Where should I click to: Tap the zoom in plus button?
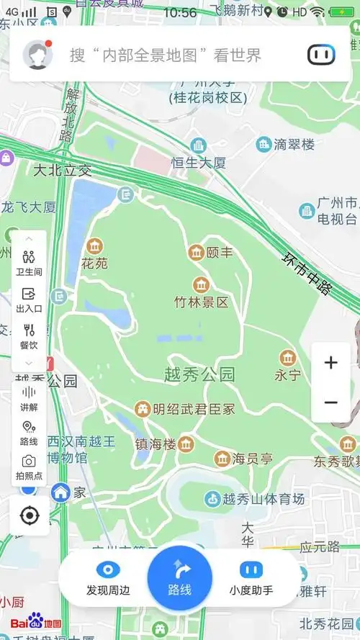pyautogui.click(x=330, y=363)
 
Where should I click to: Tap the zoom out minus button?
pyautogui.click(x=330, y=402)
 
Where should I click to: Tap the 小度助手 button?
pyautogui.click(x=251, y=571)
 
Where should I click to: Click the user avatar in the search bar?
pyautogui.click(x=37, y=55)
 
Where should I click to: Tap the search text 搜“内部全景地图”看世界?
pyautogui.click(x=165, y=55)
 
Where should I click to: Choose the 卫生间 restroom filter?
pyautogui.click(x=29, y=263)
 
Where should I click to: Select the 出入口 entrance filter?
pyautogui.click(x=29, y=299)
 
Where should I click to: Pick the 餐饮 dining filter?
pyautogui.click(x=29, y=336)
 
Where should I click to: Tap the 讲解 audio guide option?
pyautogui.click(x=29, y=398)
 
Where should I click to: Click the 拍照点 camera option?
pyautogui.click(x=29, y=467)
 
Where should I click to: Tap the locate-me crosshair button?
pyautogui.click(x=30, y=515)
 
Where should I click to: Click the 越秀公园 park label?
pyautogui.click(x=199, y=374)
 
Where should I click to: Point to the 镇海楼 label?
pyautogui.click(x=156, y=444)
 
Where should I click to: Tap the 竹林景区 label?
pyautogui.click(x=201, y=302)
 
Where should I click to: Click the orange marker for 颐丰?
pyautogui.click(x=196, y=253)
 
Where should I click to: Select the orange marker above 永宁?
pyautogui.click(x=287, y=358)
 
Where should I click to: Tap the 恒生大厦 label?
pyautogui.click(x=199, y=163)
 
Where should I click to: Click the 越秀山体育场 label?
pyautogui.click(x=264, y=498)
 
